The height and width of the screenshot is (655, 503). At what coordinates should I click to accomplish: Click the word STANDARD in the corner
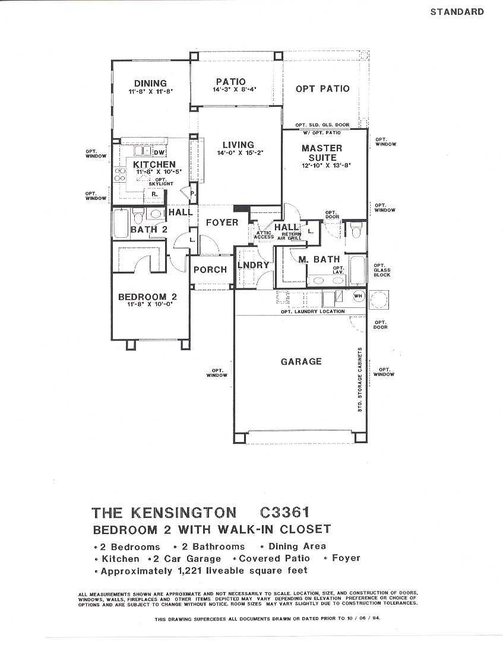point(457,12)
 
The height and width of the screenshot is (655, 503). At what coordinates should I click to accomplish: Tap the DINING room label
point(150,84)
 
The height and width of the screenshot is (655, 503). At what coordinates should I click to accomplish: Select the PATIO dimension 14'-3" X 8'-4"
point(230,90)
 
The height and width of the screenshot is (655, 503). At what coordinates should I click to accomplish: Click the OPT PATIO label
point(322,89)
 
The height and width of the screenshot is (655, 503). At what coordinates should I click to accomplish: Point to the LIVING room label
point(238,145)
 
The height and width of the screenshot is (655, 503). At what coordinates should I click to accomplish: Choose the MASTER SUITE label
point(322,153)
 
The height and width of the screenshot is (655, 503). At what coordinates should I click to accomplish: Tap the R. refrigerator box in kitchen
point(153,194)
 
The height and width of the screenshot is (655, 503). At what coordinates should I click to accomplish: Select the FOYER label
point(222,222)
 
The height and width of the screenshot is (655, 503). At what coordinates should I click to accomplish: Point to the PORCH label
point(210,269)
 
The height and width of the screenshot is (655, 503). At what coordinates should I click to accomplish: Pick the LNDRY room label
point(254,265)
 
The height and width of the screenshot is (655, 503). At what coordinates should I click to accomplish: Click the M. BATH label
point(319,259)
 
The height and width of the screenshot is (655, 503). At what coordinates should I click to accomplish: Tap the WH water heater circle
point(358,295)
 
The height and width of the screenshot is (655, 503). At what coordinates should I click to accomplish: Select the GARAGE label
point(301,361)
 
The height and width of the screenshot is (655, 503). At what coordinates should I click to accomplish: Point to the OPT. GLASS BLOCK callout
point(382,270)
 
